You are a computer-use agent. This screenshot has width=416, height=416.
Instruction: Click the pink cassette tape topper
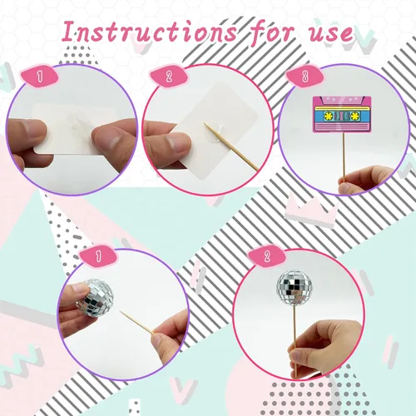coord(342,114)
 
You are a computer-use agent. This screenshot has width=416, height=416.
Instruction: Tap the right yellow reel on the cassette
coord(354,116)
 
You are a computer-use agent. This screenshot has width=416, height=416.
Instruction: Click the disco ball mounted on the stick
coord(290,286)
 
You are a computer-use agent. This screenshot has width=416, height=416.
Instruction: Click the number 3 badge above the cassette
coord(305,76)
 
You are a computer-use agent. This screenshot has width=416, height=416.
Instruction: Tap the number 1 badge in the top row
coord(40,76)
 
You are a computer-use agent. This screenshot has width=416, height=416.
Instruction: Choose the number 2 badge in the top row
coord(169,76)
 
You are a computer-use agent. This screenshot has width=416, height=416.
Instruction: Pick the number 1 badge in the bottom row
coord(98,255)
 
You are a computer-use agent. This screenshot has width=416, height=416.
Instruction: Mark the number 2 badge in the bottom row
coord(267,255)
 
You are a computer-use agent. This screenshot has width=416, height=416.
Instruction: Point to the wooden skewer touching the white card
coord(231,147)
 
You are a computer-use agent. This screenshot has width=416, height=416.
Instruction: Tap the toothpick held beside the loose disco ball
coord(136,322)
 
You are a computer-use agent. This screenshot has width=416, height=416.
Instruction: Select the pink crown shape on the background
coord(311,210)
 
